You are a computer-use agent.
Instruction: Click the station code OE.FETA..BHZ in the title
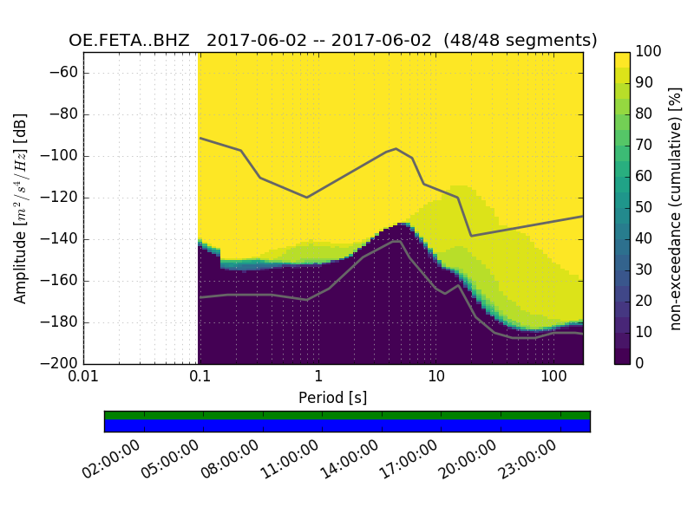(129, 40)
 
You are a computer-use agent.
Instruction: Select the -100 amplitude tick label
(60, 156)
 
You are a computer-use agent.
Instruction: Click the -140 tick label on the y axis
(60, 239)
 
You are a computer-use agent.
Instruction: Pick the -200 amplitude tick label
(60, 363)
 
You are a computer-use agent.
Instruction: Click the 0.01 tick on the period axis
(83, 379)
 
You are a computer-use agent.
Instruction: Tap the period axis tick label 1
(318, 379)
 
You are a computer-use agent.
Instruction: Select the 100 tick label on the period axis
(553, 379)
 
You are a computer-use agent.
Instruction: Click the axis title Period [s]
(333, 398)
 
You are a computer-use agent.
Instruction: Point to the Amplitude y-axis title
(21, 208)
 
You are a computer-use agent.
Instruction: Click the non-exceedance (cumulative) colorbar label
(676, 208)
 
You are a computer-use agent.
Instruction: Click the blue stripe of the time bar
(347, 426)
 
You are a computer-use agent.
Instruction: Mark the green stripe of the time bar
(347, 415)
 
